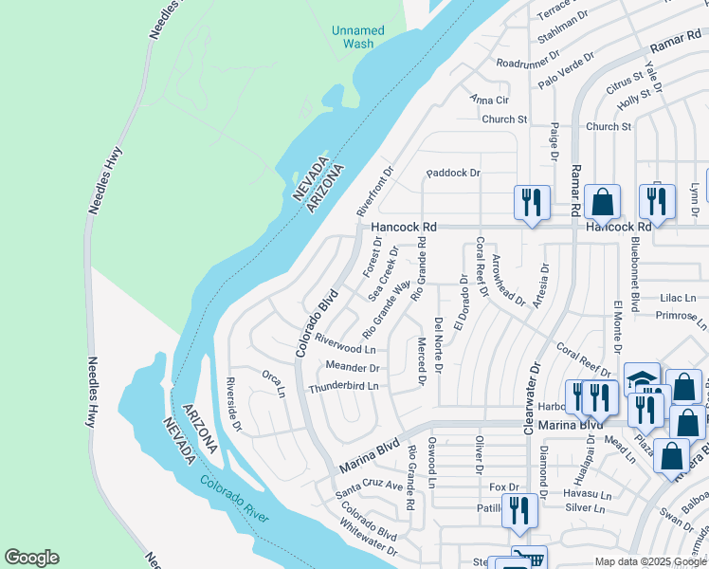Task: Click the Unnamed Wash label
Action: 358,37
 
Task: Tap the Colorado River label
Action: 234,500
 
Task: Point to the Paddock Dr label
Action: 453,173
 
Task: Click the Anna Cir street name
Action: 489,100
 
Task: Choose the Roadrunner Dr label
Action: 529,64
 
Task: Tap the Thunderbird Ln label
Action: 343,387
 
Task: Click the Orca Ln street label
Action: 273,384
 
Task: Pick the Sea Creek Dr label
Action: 380,284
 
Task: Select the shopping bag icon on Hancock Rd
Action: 601,201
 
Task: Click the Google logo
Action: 31,558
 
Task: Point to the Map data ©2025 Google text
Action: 649,561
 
